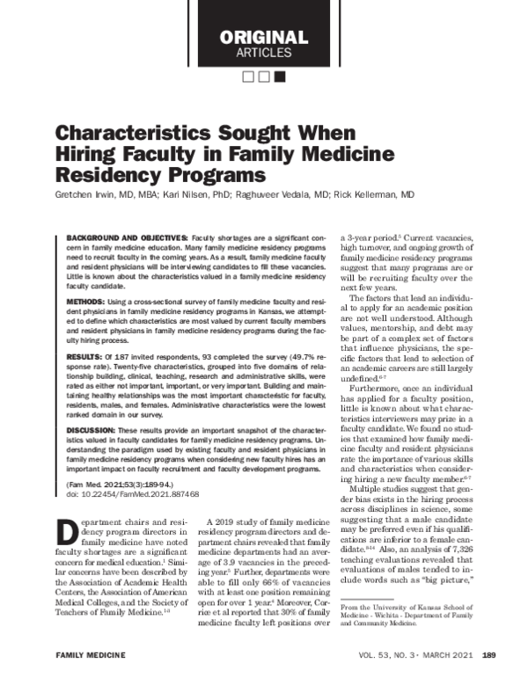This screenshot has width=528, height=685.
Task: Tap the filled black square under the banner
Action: [280, 77]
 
